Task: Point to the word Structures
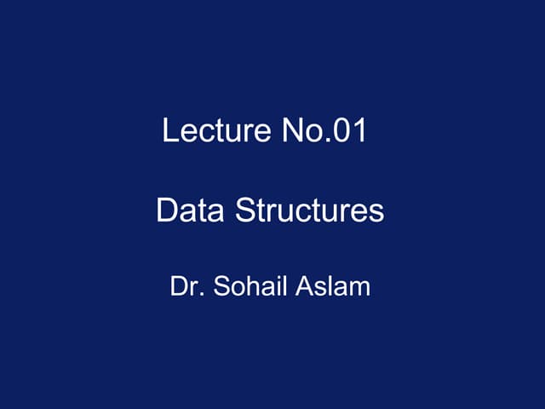tap(309, 210)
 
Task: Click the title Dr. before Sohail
tap(186, 285)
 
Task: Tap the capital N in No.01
tap(289, 132)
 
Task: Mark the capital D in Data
tap(167, 210)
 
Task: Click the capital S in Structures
tap(244, 210)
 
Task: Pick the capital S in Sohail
tap(221, 285)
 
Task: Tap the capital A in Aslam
tap(304, 285)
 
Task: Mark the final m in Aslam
tap(361, 287)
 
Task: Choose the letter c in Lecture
tap(201, 134)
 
